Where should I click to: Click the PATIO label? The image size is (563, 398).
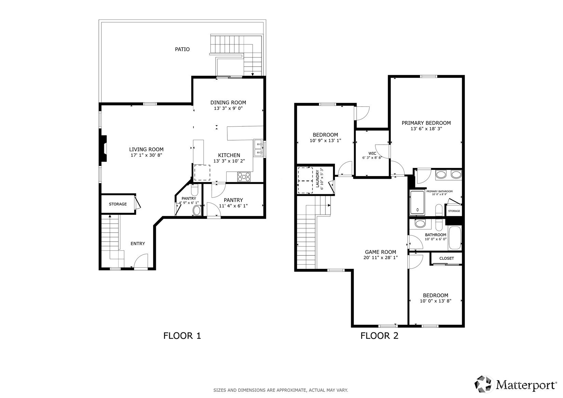[182, 49]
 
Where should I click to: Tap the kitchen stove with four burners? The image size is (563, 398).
[244, 176]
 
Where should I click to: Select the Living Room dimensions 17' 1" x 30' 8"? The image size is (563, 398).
[146, 155]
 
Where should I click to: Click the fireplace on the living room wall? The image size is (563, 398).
[104, 148]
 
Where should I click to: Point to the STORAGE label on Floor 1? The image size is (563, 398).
[118, 204]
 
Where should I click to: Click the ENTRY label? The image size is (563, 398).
[138, 243]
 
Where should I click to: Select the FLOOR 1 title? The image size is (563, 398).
[182, 336]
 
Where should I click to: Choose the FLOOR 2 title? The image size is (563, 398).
[379, 336]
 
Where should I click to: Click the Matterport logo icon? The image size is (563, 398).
[483, 384]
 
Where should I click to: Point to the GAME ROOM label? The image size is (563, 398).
[380, 252]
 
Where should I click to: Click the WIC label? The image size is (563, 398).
[372, 154]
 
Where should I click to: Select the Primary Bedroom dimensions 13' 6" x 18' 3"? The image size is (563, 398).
[426, 129]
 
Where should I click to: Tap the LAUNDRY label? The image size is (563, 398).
[317, 178]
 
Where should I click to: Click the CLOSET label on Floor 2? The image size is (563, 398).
[447, 258]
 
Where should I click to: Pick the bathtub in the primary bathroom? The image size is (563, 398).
[417, 203]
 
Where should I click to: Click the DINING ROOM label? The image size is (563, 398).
[228, 102]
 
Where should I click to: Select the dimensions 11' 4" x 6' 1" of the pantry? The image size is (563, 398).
[233, 206]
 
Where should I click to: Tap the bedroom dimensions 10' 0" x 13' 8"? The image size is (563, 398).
[435, 301]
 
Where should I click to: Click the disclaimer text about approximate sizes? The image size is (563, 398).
[281, 390]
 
